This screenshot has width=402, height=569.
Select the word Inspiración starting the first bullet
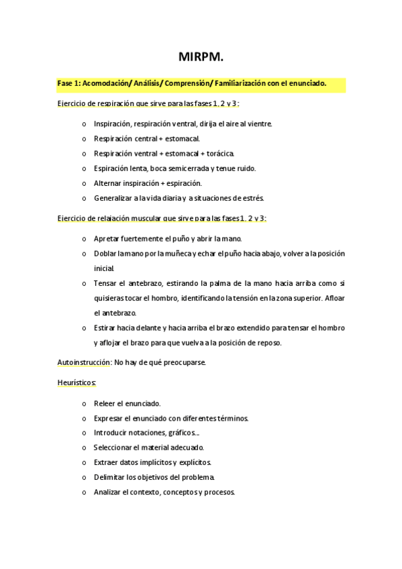pos(112,124)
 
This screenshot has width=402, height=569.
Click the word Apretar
pos(107,239)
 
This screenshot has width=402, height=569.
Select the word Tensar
pos(106,283)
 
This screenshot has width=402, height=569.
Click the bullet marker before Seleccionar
pos(83,448)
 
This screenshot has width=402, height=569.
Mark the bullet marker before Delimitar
pos(83,478)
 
